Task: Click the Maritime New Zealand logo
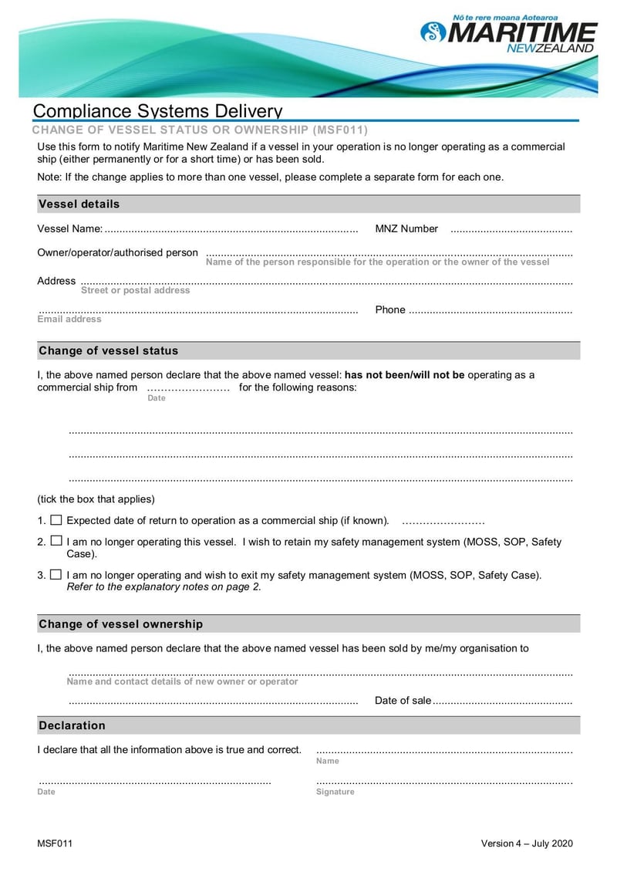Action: coord(509,35)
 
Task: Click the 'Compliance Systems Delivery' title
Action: coord(157,111)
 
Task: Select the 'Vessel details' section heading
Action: coord(79,204)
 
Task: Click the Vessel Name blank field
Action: coord(231,230)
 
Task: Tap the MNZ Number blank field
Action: coord(511,230)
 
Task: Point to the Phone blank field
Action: coord(490,311)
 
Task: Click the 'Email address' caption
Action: coord(69,319)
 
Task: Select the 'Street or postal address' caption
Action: coord(135,291)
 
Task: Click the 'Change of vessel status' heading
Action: coord(108,351)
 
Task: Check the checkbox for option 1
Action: coord(56,520)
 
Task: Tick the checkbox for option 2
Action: coord(56,542)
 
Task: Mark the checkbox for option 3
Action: coord(56,575)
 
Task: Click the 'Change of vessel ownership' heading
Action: coord(120,624)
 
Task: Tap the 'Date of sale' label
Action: coord(403,701)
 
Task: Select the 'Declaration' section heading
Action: coord(72,726)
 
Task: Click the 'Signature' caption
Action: coord(335,793)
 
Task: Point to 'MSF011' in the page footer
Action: coord(55,843)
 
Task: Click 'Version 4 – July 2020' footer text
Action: coord(527,843)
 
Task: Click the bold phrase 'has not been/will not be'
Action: coord(404,375)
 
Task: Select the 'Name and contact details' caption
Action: coord(182,682)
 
